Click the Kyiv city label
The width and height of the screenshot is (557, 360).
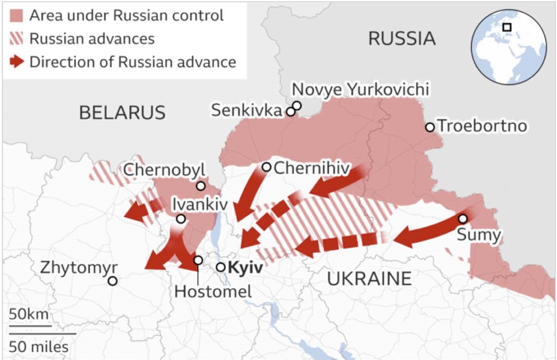coord(245,267)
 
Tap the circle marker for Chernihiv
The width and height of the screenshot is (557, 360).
coord(266,167)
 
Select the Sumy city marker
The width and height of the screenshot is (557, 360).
coord(463,218)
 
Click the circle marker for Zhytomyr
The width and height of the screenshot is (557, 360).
coord(112,281)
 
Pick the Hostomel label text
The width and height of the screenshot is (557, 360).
coord(213,292)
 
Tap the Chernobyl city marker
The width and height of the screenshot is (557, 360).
coord(201,186)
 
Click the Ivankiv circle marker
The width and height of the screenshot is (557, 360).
coord(181,219)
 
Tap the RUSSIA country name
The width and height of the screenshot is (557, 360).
coord(402,38)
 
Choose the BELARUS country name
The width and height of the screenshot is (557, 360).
coord(122,113)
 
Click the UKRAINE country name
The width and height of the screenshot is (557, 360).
coord(369,279)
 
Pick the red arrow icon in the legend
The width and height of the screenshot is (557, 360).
coord(17,62)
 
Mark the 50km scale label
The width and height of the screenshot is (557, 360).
coord(28,314)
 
